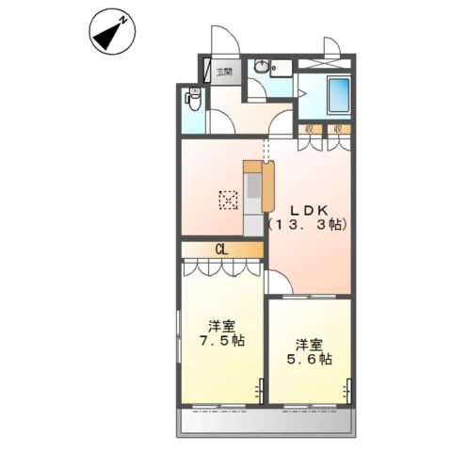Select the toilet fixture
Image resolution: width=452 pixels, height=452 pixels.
click(194, 98)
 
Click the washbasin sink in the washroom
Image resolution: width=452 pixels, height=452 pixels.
click(263, 68)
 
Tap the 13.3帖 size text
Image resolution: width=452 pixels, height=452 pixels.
click(308, 225)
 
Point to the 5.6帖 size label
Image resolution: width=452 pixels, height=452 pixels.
click(309, 359)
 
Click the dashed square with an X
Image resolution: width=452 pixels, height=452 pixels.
click(228, 200)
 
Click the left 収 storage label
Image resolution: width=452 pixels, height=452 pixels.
click(307, 129)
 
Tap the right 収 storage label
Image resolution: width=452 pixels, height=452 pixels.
click(336, 129)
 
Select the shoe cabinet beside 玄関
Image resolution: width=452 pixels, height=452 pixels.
click(206, 72)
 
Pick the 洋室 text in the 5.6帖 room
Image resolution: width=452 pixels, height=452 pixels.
click(309, 343)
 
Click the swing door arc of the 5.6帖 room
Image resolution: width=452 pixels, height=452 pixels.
click(280, 282)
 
